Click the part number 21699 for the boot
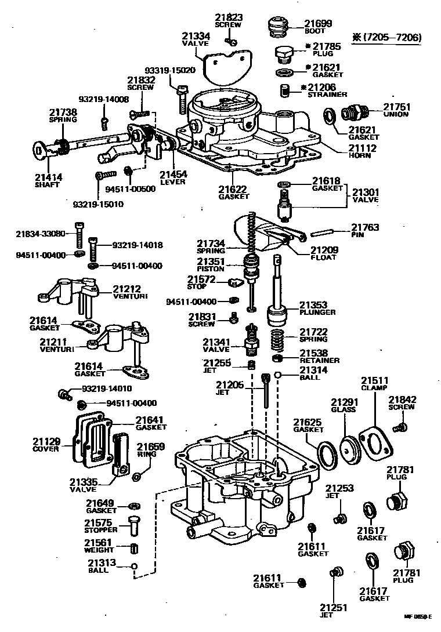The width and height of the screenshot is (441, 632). (x=319, y=24)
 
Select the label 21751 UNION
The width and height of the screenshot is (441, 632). (x=396, y=110)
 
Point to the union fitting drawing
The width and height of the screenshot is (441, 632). (x=353, y=112)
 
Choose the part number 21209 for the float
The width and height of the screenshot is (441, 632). (x=324, y=250)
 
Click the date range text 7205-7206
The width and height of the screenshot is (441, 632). (x=392, y=38)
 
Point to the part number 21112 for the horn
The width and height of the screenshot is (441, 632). (x=363, y=148)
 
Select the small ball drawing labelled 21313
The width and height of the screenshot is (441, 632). (x=134, y=566)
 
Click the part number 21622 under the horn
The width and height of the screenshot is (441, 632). (x=233, y=192)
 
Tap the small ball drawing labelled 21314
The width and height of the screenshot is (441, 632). (x=279, y=375)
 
